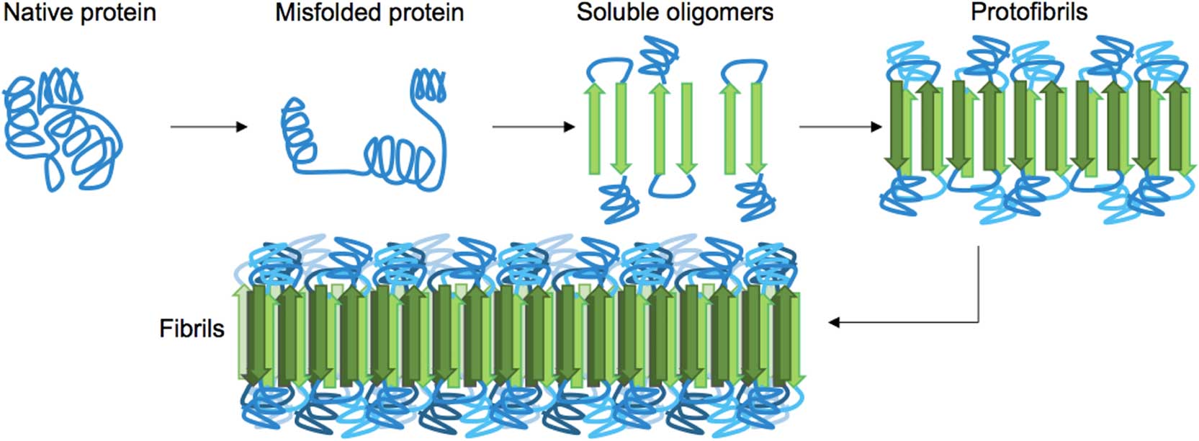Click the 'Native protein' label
pos(80,13)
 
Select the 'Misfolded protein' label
pos(369,13)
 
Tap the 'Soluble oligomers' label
pos(675,12)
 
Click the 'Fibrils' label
pos(192,329)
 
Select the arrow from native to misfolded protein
pos(208,127)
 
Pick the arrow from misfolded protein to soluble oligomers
pos(533,127)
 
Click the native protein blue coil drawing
pos(62,130)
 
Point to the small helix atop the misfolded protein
pos(427,85)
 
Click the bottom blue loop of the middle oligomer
pos(672,187)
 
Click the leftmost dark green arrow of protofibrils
pos(897,126)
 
